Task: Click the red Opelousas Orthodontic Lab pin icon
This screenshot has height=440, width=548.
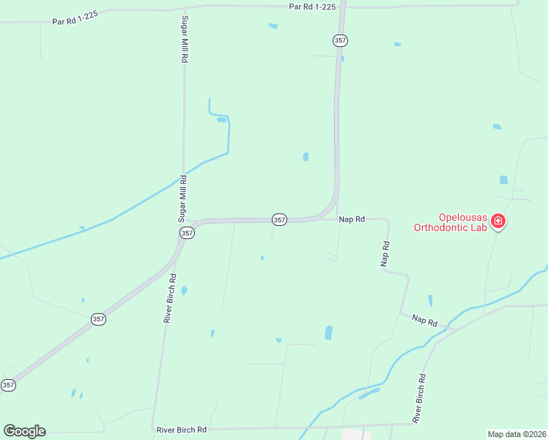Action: pos(498,221)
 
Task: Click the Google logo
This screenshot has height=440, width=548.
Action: pos(24,431)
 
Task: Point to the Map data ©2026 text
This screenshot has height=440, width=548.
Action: pos(516,434)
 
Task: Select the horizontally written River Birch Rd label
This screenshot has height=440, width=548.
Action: pos(181,429)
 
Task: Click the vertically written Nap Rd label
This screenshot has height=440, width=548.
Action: pos(385,253)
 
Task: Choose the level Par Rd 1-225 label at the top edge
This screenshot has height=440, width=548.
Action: pos(311,6)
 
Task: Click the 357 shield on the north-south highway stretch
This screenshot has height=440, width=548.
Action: pos(339,41)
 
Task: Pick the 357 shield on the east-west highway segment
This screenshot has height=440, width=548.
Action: pos(279,219)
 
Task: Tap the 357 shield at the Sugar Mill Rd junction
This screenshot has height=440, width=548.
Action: pos(187,232)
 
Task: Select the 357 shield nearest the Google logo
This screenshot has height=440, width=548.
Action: pos(8,385)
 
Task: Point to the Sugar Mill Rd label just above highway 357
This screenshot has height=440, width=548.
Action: pos(183,198)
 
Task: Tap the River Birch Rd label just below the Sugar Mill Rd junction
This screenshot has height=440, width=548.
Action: pos(170,299)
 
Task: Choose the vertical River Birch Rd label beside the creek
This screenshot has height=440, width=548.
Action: pos(421,399)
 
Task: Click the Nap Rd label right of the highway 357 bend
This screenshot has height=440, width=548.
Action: pos(352,219)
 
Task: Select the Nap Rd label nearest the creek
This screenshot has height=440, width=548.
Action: pos(424,320)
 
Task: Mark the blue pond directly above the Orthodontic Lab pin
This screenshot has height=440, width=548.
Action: pos(503,180)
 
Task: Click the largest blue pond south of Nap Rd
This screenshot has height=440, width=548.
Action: pos(328,333)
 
